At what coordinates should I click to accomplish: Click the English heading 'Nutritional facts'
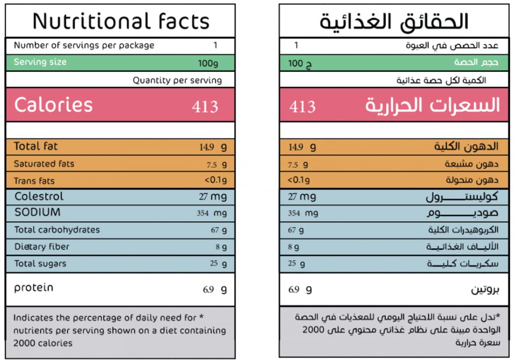[121, 21]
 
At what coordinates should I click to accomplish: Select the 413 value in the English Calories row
[205, 107]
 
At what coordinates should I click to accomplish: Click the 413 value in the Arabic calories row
[302, 107]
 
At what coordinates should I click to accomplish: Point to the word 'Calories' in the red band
[53, 105]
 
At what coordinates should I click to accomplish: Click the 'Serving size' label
[40, 62]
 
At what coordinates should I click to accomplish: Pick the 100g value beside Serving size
[208, 63]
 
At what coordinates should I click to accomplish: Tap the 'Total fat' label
[36, 146]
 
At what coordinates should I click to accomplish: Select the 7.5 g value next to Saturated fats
[217, 165]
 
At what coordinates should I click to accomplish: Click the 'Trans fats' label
[34, 181]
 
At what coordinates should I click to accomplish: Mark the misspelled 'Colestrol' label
[39, 196]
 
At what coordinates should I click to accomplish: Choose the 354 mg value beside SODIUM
[212, 213]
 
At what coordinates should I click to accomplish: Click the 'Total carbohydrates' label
[57, 230]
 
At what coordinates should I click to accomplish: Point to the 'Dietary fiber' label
[42, 247]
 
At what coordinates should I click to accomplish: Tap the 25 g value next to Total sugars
[218, 264]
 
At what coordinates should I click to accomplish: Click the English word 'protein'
[33, 288]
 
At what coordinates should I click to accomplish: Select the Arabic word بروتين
[485, 290]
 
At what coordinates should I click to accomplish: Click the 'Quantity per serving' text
[177, 80]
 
